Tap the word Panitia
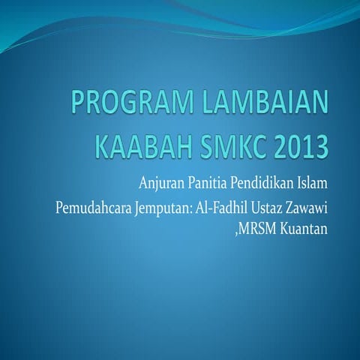click(209, 183)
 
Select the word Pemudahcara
click(94, 207)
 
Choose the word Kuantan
click(304, 229)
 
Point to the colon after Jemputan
click(190, 208)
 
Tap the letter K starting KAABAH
click(102, 145)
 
